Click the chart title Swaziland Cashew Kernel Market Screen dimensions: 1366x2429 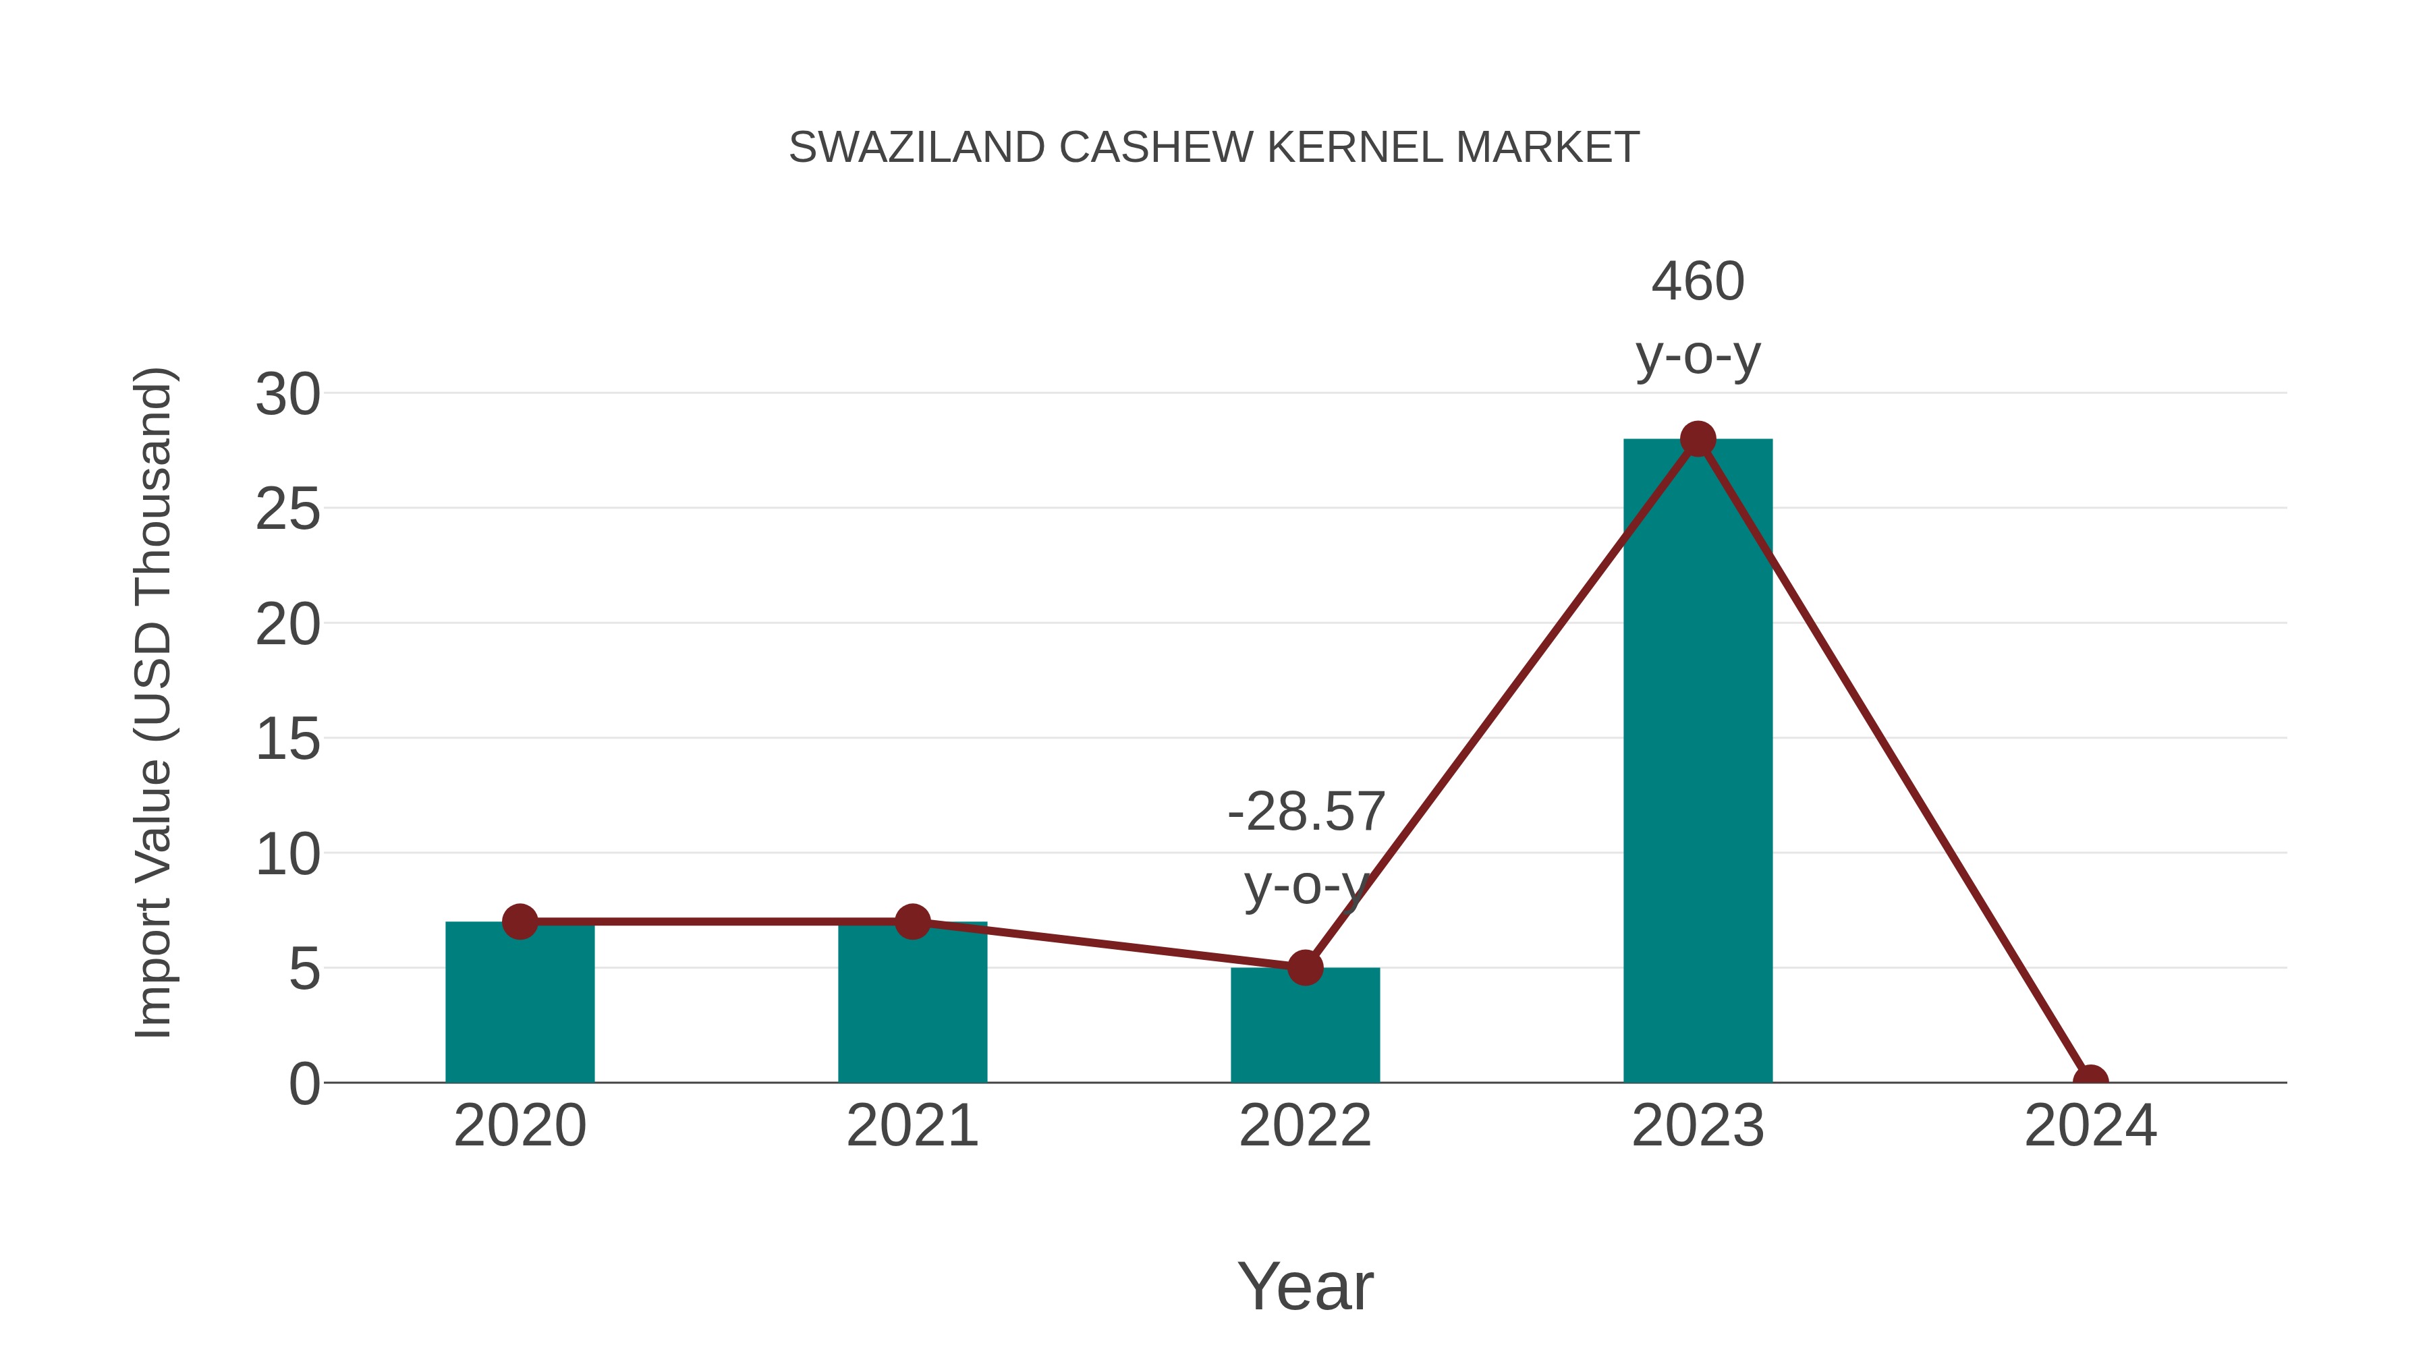coord(1214,148)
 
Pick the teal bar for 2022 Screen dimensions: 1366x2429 coord(1305,1027)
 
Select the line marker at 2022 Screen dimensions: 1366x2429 coord(1305,967)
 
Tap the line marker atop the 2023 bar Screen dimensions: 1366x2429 coord(1698,439)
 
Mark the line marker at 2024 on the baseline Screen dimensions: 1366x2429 coord(2090,1081)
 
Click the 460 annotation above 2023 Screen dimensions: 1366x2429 coord(1698,282)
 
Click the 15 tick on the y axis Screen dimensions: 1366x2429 coord(287,739)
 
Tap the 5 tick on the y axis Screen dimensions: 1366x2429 coord(304,969)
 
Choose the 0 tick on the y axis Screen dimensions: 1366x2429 coord(304,1084)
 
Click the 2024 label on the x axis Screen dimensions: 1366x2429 coord(2090,1126)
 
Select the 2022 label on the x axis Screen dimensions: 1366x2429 coord(1305,1126)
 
